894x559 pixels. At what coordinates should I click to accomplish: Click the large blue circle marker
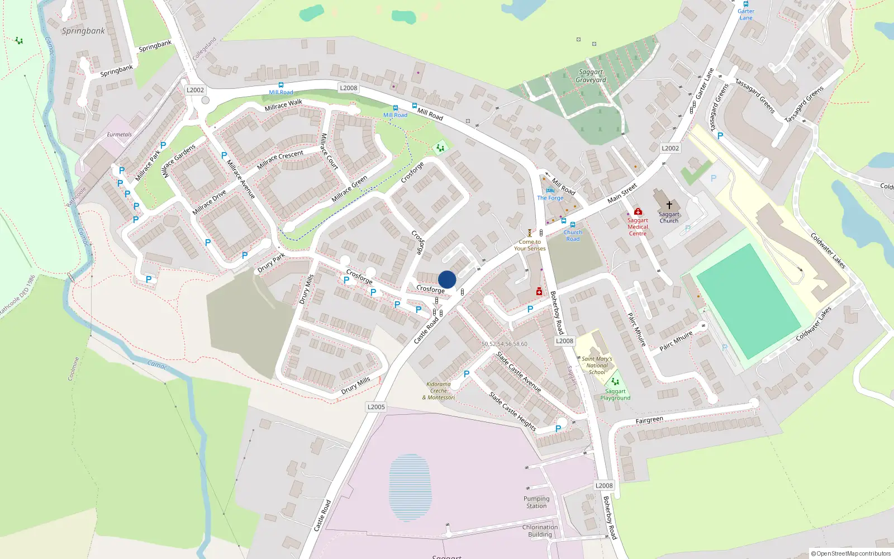point(447,279)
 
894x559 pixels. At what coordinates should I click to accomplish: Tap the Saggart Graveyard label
point(591,76)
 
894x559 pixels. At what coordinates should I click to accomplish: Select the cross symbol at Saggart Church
point(669,205)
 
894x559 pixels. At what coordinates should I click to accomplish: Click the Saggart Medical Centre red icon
point(638,211)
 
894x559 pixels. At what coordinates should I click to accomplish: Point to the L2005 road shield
point(376,407)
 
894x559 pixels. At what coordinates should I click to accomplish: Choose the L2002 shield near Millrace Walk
point(195,90)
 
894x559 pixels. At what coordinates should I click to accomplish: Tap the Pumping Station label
point(536,502)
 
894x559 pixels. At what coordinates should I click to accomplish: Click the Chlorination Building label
point(540,530)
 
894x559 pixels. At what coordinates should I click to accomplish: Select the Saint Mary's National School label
point(597,366)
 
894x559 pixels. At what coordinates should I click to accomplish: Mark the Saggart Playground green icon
point(615,382)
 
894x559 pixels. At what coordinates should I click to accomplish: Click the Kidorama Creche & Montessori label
point(439,391)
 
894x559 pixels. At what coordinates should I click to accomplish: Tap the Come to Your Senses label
point(530,245)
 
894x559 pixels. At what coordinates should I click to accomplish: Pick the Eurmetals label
point(119,135)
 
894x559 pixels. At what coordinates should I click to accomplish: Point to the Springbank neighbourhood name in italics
point(83,31)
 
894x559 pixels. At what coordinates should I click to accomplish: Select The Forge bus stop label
point(550,198)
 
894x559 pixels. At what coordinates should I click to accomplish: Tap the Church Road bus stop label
point(573,235)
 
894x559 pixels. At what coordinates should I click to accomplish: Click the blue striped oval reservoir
point(410,487)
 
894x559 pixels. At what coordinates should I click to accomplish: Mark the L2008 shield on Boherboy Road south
point(604,486)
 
